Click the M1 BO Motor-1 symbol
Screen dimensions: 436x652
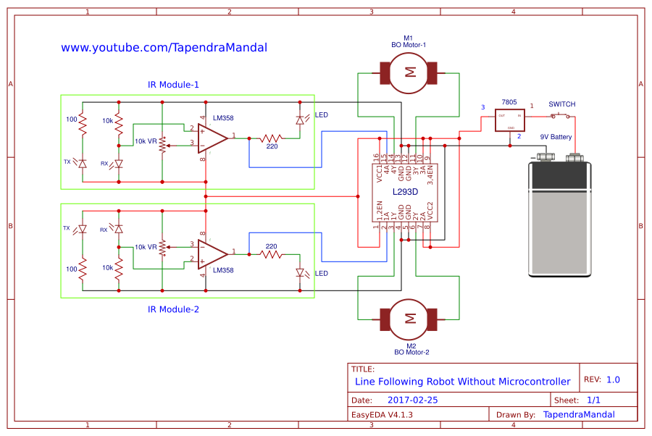409,72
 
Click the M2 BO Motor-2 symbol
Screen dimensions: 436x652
409,318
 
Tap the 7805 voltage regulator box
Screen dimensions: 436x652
511,120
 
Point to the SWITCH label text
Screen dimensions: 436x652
561,104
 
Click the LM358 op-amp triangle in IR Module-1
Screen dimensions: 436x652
212,136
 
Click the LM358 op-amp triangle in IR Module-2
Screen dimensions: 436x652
212,253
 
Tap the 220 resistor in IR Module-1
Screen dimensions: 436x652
272,137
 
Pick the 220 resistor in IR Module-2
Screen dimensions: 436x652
272,253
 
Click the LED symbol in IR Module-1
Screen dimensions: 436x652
300,121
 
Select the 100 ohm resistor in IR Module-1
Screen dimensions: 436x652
83,127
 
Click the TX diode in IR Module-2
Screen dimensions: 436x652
83,230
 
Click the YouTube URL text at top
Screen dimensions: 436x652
164,48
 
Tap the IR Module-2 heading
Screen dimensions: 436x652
173,309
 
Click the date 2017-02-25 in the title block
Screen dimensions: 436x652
412,400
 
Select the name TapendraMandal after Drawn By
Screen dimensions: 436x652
578,415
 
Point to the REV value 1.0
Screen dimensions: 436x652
613,380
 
